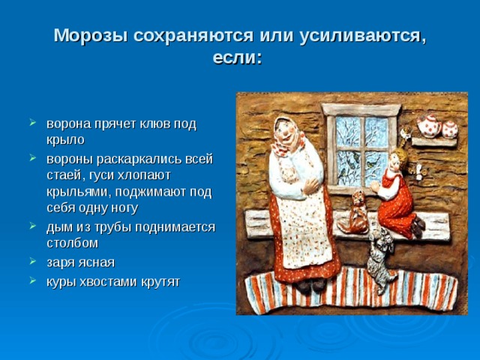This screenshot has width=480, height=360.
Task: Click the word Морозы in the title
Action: (x=91, y=36)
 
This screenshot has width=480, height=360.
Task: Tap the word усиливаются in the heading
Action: (x=363, y=37)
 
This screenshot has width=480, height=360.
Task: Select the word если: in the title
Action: (x=238, y=58)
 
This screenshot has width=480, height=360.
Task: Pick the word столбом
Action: (x=73, y=243)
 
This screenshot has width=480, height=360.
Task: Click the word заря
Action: (x=61, y=263)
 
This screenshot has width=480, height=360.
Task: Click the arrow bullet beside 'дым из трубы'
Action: (x=33, y=226)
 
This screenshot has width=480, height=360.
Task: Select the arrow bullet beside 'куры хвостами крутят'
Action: (x=33, y=280)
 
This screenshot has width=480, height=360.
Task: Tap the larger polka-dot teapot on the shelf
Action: (x=429, y=125)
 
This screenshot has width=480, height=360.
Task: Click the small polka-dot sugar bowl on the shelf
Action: (x=450, y=129)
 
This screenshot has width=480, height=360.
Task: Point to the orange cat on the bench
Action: (x=355, y=213)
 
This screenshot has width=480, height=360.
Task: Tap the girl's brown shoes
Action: (x=418, y=226)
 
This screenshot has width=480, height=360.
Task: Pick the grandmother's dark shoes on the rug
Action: (x=311, y=285)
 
